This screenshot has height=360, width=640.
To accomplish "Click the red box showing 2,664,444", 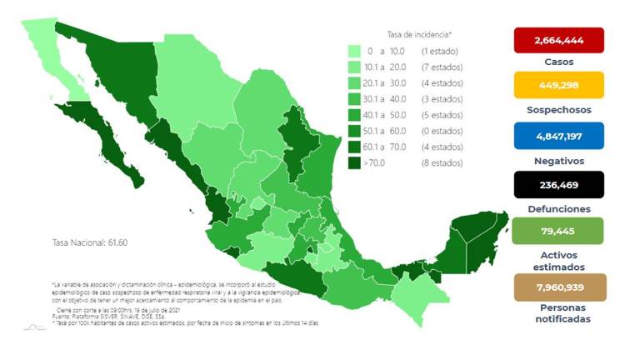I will coord(559,40).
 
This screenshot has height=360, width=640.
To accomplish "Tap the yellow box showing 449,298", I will coord(559,85).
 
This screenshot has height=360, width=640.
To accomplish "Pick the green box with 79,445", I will coord(559,231).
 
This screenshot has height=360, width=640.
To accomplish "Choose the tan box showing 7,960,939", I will coord(559,287).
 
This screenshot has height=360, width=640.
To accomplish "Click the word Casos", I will coord(559,62).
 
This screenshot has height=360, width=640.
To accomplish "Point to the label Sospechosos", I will coord(559,110).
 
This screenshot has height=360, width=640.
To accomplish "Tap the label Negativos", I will coord(559,161).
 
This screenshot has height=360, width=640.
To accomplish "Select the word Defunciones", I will coord(559,209).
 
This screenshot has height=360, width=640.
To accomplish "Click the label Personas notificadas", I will coord(559,312).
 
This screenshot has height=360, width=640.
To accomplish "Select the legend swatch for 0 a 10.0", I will coord(354,52).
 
